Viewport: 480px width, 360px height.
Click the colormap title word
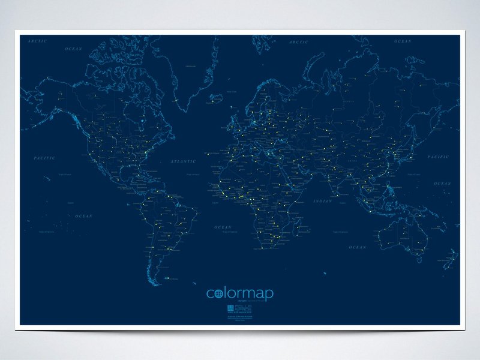(x=240, y=293)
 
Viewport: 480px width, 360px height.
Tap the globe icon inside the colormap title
(x=218, y=293)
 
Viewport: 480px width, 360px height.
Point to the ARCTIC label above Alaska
(x=38, y=41)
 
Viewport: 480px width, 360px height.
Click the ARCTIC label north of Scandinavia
(x=298, y=42)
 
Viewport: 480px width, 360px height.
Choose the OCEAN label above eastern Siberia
(x=403, y=41)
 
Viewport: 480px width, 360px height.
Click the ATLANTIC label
(x=183, y=161)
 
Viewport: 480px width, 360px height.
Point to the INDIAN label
(x=322, y=201)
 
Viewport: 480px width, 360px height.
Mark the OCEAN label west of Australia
(x=358, y=247)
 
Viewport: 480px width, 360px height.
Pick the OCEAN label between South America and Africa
(x=223, y=227)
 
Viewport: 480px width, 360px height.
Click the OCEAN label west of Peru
(x=84, y=215)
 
